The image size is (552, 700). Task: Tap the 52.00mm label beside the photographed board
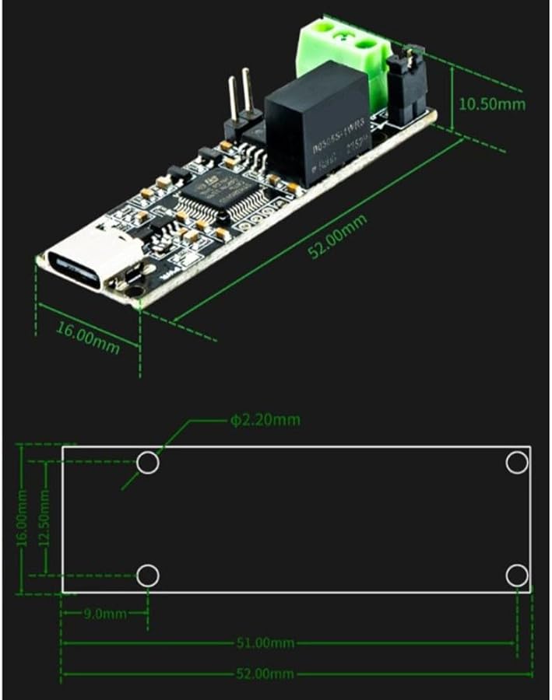pyautogui.click(x=337, y=236)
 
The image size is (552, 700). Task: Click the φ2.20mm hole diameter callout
pyautogui.click(x=265, y=420)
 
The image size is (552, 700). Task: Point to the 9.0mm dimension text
pyautogui.click(x=105, y=614)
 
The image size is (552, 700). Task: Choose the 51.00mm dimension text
pyautogui.click(x=266, y=642)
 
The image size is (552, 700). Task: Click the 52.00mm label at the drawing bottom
pyautogui.click(x=266, y=673)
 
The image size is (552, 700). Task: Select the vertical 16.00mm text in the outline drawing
pyautogui.click(x=23, y=519)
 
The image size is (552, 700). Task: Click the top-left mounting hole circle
pyautogui.click(x=148, y=463)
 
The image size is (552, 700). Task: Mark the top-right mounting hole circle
pyautogui.click(x=516, y=463)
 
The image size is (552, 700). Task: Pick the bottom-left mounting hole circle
pyautogui.click(x=148, y=576)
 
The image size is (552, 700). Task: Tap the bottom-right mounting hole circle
pyautogui.click(x=516, y=576)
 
